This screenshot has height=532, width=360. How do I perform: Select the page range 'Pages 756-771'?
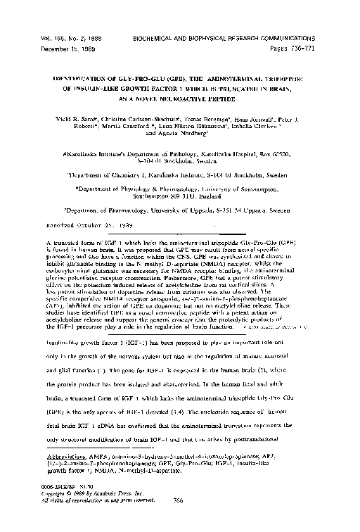298,43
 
